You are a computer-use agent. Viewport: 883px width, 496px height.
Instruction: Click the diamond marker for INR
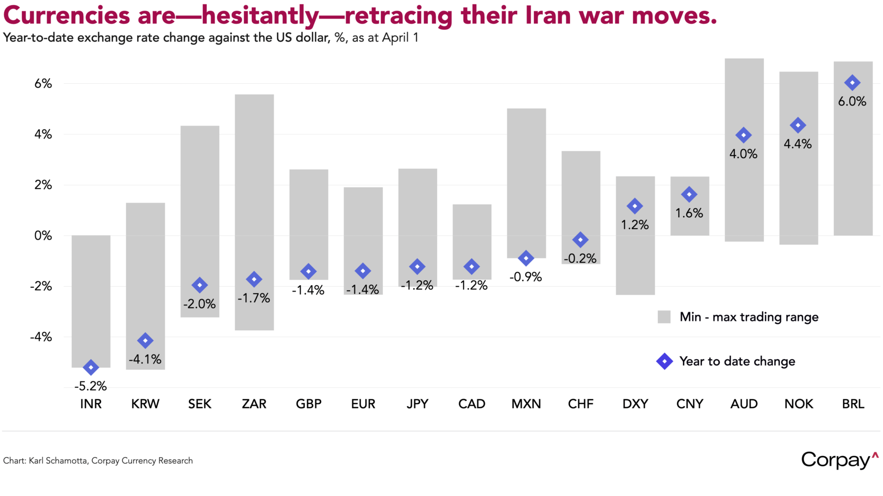point(91,368)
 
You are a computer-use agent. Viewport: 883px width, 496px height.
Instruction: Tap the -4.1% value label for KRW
point(145,359)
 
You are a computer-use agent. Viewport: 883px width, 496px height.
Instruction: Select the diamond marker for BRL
point(852,83)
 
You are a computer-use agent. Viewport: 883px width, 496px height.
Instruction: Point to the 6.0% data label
point(852,101)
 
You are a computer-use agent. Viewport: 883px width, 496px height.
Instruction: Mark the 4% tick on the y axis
point(43,134)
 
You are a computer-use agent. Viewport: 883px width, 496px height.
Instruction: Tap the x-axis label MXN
point(526,404)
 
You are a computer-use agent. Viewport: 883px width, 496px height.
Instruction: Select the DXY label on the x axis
point(635,404)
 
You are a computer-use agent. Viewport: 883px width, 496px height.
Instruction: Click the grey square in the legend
point(664,317)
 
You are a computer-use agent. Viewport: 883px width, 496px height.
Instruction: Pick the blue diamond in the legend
point(664,361)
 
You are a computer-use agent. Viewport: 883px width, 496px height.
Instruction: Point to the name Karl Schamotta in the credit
point(59,460)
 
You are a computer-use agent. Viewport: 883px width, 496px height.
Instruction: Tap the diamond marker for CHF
point(580,240)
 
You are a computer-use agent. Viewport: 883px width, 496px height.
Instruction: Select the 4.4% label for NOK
point(798,144)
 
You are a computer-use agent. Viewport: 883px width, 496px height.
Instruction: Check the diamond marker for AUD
point(743,135)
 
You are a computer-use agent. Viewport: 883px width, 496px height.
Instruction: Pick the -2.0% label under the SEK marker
point(199,304)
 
